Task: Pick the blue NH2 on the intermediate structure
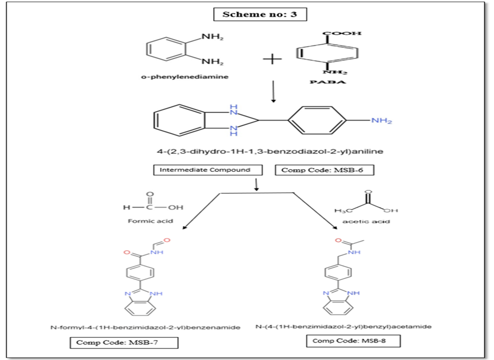[381, 121]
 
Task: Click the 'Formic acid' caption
[150, 221]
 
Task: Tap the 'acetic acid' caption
[366, 222]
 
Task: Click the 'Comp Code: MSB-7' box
[123, 343]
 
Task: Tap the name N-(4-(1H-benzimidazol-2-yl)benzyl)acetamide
[343, 326]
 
